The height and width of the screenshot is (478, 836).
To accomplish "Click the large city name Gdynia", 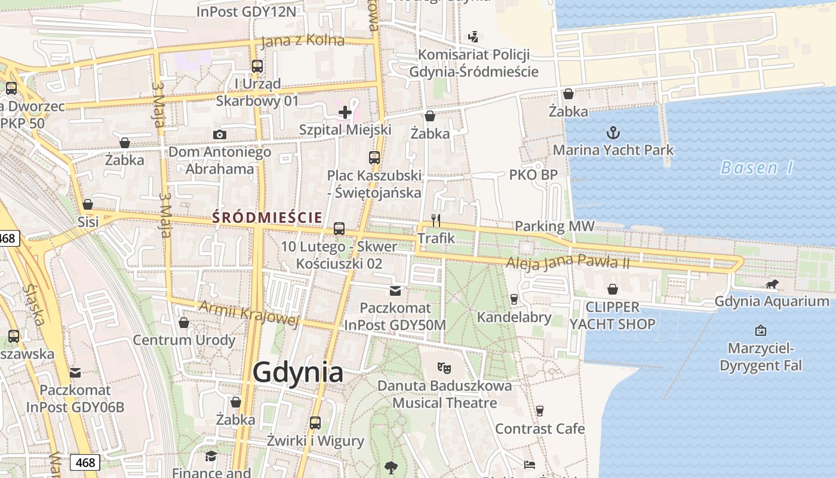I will (x=298, y=372).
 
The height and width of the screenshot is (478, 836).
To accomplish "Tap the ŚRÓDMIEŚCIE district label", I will (x=267, y=218).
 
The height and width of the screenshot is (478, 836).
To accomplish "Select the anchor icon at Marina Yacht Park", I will (x=613, y=132).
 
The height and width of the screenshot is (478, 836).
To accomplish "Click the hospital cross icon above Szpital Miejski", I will (x=345, y=112).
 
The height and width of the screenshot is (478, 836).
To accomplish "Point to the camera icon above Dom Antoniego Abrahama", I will (x=220, y=134).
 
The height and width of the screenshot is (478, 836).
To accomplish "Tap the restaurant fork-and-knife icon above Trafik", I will (x=436, y=220).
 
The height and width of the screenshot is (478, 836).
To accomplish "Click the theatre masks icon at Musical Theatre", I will (x=443, y=367).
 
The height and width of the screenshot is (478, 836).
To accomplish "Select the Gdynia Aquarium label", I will (x=772, y=301).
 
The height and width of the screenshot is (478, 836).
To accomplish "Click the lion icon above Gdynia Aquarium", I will (x=772, y=284).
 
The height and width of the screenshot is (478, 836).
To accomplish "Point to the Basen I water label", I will (x=757, y=168).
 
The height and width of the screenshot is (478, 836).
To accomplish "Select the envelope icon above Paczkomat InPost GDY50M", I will (x=395, y=291).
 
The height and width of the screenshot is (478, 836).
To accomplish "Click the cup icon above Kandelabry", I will (x=514, y=299).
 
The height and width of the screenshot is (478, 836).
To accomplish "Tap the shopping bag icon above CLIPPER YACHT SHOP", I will (x=613, y=290).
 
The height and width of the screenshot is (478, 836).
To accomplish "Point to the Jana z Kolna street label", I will (x=303, y=41).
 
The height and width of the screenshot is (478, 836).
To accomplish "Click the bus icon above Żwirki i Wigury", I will (x=315, y=423).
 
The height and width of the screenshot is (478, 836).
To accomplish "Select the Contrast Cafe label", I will (x=540, y=428).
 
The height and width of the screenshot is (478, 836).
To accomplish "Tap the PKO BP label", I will (x=533, y=175).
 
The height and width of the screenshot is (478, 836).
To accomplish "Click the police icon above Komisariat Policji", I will (x=474, y=37).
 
